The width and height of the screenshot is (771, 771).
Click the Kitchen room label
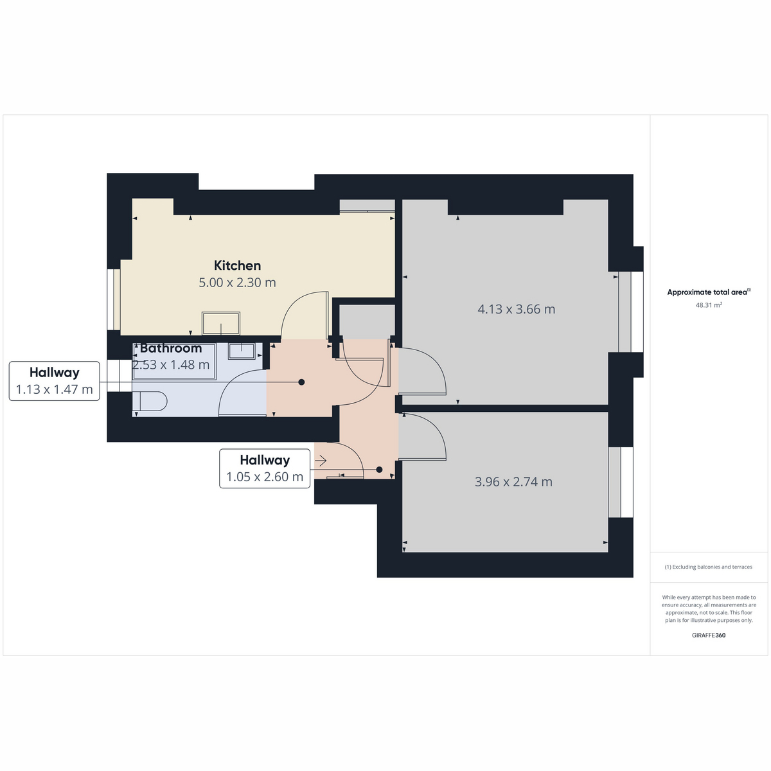pos(237,265)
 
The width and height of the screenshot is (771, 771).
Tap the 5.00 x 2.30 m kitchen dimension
pos(237,283)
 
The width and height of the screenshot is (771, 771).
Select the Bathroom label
pos(171,348)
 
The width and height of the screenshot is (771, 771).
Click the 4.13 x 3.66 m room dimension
pos(516,309)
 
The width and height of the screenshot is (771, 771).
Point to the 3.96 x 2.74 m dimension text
pos(513,482)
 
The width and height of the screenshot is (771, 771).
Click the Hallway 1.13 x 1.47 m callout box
pos(55,381)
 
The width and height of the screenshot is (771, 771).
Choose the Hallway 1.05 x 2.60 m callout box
pos(265,468)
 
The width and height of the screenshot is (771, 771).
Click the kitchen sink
pos(221,323)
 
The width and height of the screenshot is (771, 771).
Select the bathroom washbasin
pos(242,351)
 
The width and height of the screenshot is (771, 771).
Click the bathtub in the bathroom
pos(175,361)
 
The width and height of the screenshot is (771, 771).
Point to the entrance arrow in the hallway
pos(321,461)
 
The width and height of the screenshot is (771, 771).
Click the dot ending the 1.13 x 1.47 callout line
pos(302,382)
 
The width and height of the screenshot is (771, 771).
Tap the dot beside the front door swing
pos(379,470)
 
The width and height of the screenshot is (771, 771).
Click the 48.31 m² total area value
pos(709,305)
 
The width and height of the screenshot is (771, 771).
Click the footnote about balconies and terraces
pos(709,567)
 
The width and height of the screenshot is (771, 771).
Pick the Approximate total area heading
pos(709,292)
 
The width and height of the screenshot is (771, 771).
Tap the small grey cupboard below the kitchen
pos(368,322)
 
